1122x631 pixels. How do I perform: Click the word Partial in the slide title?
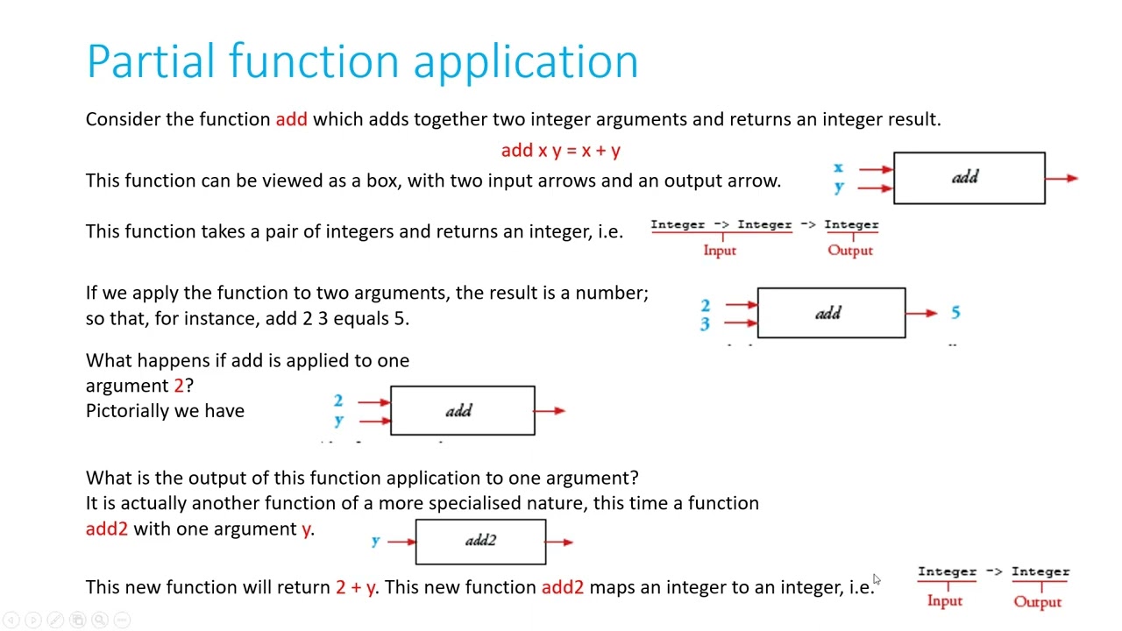151,61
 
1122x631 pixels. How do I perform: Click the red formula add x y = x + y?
560,150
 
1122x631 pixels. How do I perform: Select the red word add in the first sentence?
292,119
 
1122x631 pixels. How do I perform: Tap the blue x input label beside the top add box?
838,167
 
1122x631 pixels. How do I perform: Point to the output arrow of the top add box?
1062,178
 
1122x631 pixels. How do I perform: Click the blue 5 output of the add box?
955,313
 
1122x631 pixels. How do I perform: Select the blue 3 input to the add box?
705,324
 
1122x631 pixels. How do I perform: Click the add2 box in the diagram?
481,542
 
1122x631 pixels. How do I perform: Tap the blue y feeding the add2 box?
376,541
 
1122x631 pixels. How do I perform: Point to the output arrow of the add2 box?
559,542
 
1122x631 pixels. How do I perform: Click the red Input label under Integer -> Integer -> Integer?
720,250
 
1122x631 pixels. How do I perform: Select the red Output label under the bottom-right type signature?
1037,601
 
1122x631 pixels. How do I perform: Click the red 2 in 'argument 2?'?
179,386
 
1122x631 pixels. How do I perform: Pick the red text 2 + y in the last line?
356,587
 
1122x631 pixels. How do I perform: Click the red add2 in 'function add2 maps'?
563,587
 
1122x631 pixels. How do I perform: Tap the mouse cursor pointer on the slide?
877,579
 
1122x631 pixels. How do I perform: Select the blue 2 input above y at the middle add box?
338,401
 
